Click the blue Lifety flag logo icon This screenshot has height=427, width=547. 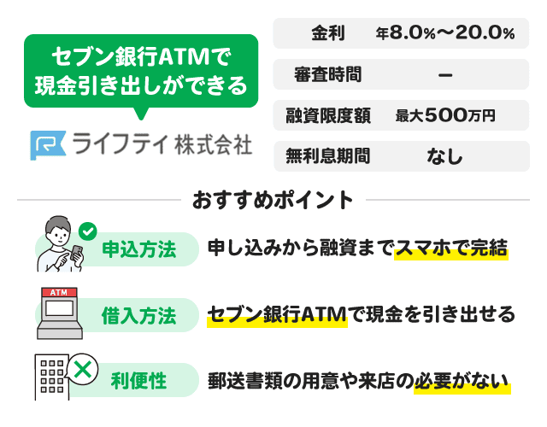pos(48,145)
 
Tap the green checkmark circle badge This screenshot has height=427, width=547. pos(87,231)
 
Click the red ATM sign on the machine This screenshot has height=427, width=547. pos(59,292)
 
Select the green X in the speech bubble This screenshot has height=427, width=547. pos(83,369)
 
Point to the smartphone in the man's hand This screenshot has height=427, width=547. pos(76,253)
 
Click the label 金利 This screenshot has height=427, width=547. pos(328,33)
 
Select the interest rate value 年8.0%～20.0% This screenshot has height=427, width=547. pos(445,33)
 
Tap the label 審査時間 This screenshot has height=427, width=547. pos(327,74)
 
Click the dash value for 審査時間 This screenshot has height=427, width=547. pos(445,74)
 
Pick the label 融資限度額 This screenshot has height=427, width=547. pos(328,115)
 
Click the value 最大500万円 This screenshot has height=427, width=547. pos(445,115)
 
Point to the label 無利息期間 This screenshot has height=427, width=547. pos(328,155)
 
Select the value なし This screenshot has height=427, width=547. pos(444,156)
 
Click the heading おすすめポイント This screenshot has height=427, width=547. pos(273,200)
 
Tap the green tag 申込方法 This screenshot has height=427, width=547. pos(138,249)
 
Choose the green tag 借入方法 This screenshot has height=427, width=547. pos(138,315)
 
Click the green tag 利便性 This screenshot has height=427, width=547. pos(138,380)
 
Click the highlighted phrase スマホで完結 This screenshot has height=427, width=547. pos(451,249)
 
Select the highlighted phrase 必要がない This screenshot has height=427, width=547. pos(462,381)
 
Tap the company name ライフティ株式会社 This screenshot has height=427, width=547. pos(162,144)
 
